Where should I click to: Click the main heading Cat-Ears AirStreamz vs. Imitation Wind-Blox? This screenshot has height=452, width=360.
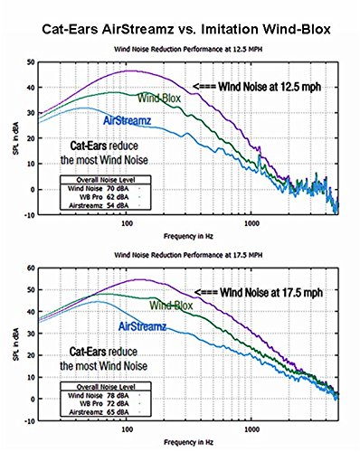[180, 28]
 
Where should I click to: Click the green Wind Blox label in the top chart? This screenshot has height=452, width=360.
[157, 97]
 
